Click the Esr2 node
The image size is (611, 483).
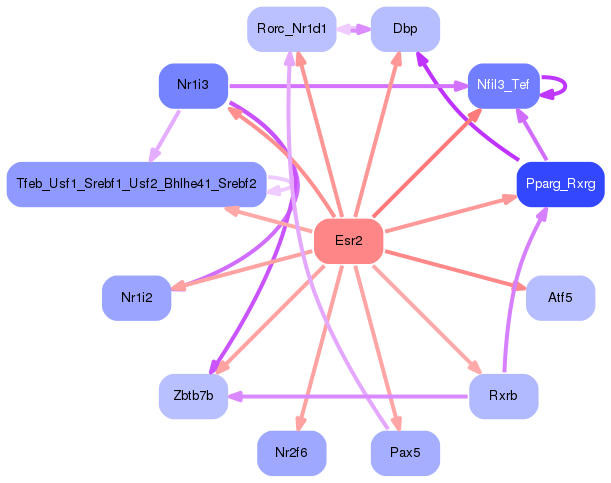[349, 241]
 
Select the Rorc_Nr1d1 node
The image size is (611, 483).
[290, 29]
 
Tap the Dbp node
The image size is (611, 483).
[405, 29]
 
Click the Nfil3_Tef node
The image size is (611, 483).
[503, 85]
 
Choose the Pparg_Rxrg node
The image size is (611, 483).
[560, 184]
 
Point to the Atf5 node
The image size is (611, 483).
[560, 297]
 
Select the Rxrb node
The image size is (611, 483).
[503, 396]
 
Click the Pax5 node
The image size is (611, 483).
[405, 453]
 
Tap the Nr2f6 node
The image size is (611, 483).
[291, 453]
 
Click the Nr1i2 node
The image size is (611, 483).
[136, 297]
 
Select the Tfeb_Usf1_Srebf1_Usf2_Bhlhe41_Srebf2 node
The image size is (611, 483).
[136, 184]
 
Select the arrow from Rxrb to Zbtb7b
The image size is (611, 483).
[350, 396]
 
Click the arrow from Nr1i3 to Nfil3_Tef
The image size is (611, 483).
[350, 86]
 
